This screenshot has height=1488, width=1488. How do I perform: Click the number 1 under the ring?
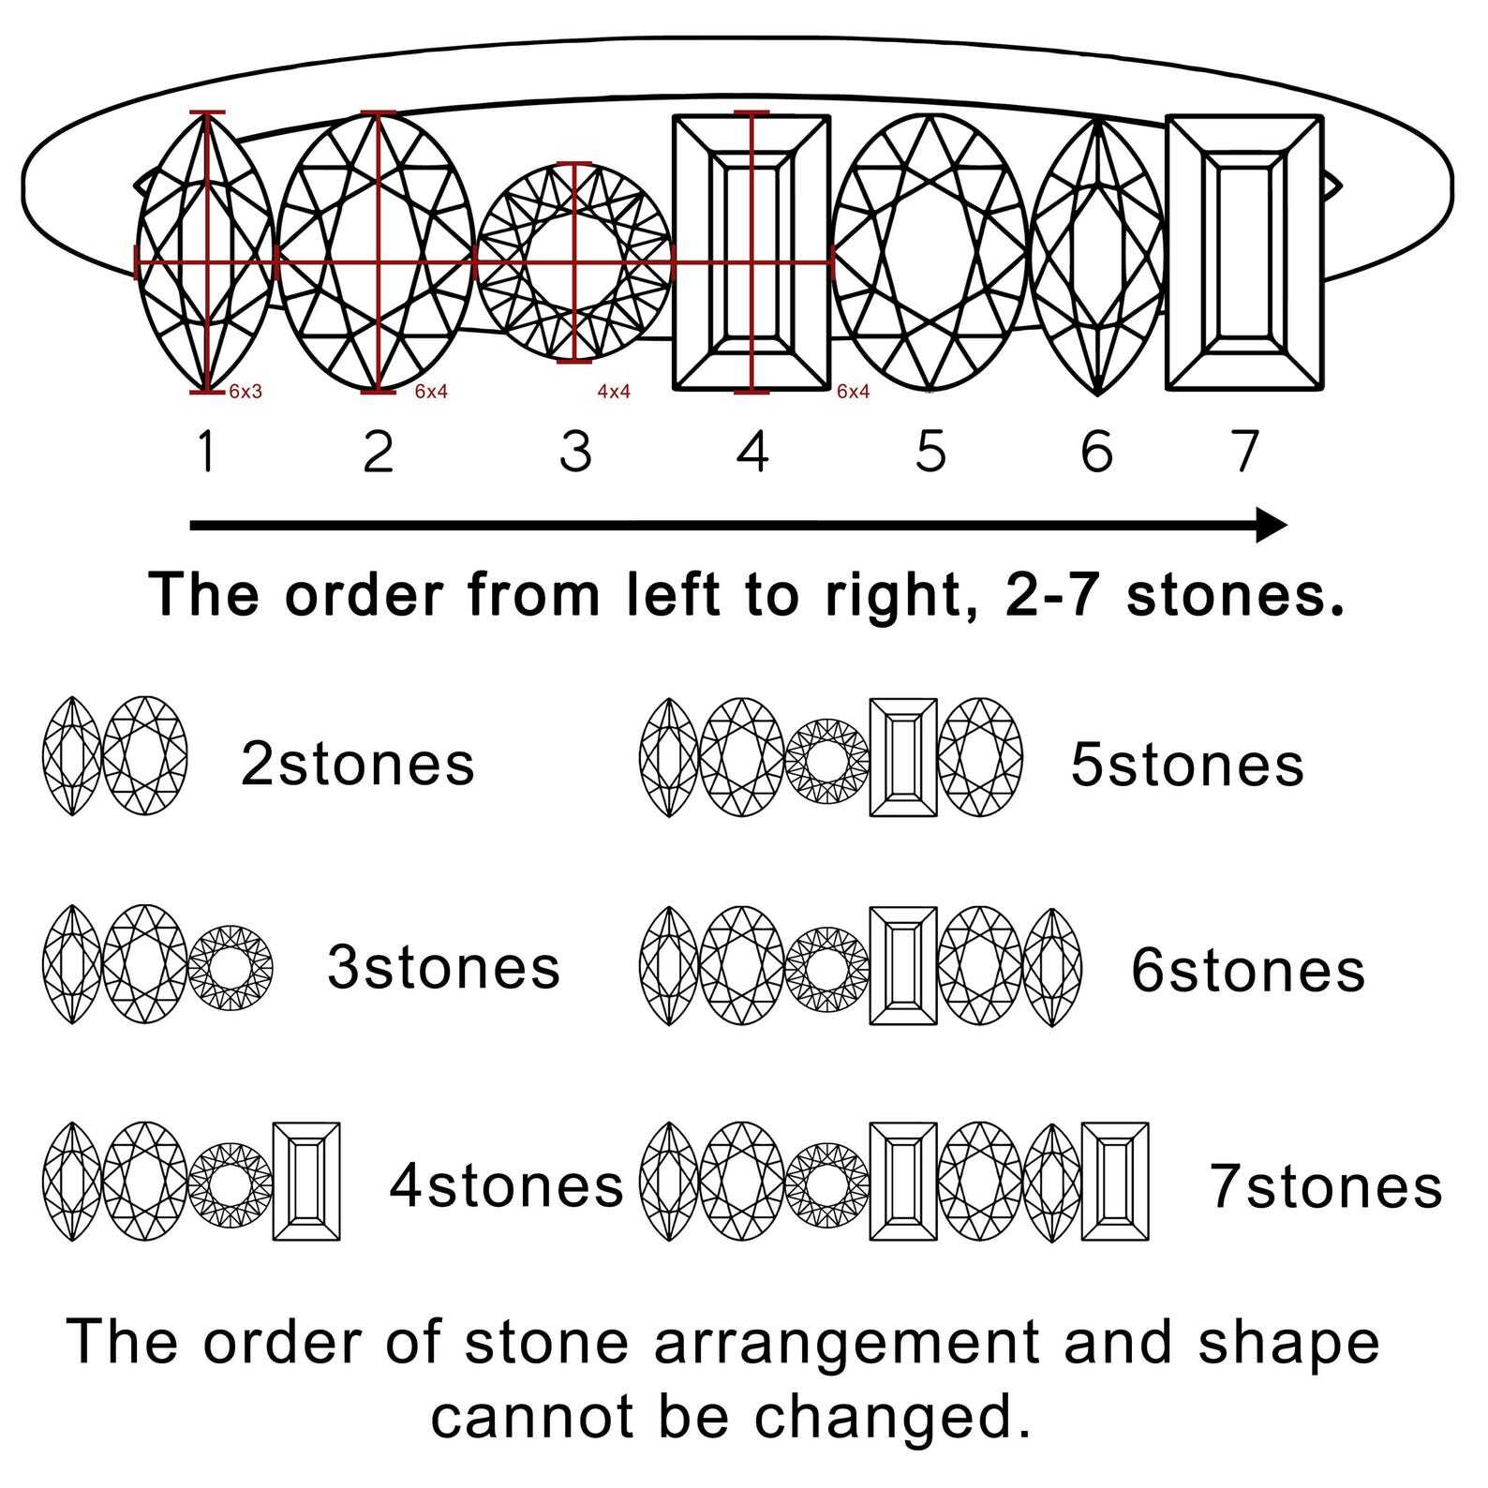pos(207,451)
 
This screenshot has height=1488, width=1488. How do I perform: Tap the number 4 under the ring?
pos(752,451)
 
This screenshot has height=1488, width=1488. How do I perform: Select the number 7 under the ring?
pos(1243,451)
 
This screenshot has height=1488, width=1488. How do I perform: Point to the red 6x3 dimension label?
pos(245,392)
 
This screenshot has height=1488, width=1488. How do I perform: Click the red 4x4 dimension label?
pos(614,392)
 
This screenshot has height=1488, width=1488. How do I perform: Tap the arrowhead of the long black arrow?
pos(1272,525)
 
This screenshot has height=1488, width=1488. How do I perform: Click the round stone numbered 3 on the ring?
pos(574,261)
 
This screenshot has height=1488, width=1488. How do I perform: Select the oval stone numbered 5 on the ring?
pos(930,251)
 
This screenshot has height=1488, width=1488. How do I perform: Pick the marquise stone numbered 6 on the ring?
pos(1097,256)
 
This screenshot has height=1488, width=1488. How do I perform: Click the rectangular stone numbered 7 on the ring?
pos(1244,252)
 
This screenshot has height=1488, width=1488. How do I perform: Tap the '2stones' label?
pos(358,764)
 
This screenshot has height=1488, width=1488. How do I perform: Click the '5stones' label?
pos(1187,765)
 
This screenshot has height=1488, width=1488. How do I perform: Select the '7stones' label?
pos(1326,1186)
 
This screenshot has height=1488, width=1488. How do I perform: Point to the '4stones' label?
pos(506,1185)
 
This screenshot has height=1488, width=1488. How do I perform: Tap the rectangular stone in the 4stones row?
pos(306,1182)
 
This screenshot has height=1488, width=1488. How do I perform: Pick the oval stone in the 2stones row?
pos(144,756)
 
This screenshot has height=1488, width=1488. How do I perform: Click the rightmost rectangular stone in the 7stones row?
pos(1115,1182)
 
